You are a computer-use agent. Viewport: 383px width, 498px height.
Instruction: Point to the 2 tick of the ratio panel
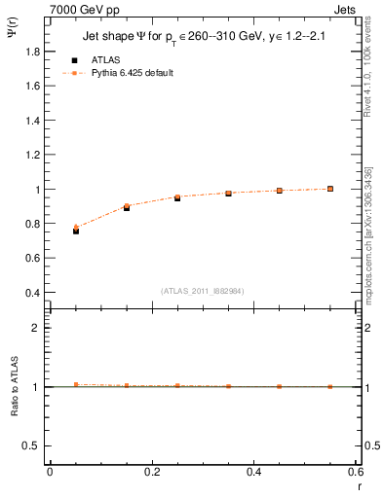click(x=35, y=328)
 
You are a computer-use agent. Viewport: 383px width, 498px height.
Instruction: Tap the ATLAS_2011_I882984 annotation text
click(x=204, y=290)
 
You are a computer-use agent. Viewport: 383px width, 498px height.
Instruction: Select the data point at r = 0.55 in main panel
click(x=330, y=189)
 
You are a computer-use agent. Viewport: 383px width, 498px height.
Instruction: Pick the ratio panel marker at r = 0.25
click(x=177, y=386)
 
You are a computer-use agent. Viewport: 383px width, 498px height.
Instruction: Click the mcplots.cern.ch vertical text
click(x=369, y=243)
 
